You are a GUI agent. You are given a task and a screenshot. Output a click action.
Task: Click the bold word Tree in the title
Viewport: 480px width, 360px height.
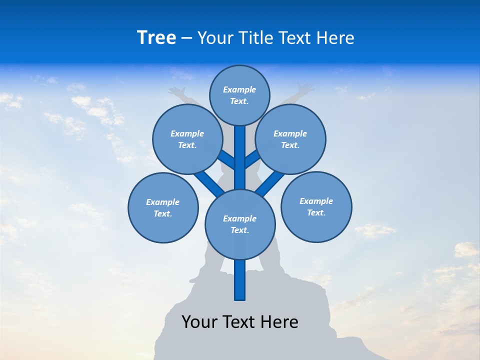click(156, 38)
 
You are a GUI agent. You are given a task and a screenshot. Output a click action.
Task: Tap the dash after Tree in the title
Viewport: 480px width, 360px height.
click(186, 38)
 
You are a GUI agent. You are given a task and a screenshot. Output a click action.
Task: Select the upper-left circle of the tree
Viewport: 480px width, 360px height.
click(187, 139)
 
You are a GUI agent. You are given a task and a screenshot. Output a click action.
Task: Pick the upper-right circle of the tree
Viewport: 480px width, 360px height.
click(290, 139)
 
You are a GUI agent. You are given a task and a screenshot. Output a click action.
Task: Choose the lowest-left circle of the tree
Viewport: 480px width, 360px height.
click(163, 208)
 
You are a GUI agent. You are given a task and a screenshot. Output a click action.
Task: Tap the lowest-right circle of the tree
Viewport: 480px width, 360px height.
click(316, 207)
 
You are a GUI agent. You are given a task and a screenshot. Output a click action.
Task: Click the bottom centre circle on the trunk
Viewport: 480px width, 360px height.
click(240, 224)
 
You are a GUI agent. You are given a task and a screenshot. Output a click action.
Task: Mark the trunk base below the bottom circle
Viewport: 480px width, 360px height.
click(240, 280)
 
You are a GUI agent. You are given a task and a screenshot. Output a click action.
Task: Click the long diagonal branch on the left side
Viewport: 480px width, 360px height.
click(208, 183)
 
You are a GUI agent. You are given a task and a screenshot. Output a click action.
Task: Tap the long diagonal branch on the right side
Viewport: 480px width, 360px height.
click(270, 183)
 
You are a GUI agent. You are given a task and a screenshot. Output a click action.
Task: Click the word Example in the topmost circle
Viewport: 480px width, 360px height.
click(239, 90)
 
